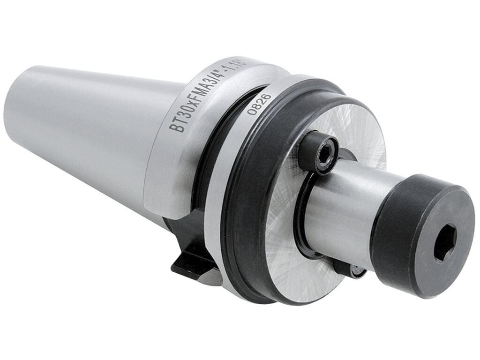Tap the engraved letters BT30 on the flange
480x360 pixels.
pos(179,118)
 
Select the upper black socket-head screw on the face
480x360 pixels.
pos(319,152)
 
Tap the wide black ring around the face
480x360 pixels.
pos(244,197)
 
